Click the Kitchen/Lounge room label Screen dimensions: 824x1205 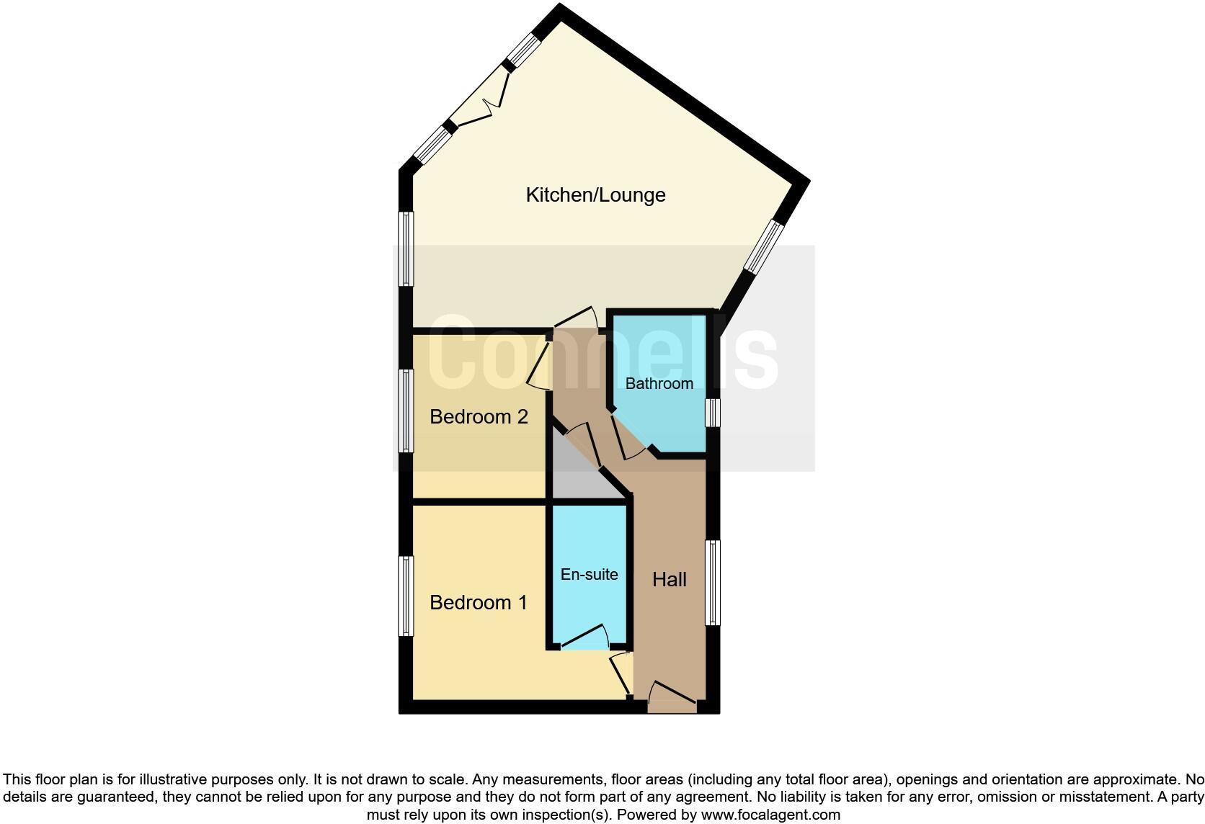pos(595,195)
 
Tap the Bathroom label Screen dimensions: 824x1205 pos(659,383)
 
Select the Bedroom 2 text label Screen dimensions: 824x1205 pos(479,417)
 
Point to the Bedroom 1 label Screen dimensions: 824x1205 pos(478,603)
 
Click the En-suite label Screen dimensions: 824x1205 pos(589,574)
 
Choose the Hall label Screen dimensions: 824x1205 pos(669,580)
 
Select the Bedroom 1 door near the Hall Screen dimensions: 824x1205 pos(619,673)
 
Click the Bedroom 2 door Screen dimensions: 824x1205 pos(539,364)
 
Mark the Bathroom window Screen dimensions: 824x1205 pos(712,413)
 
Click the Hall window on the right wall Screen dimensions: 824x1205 pos(712,583)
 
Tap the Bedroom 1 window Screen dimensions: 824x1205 pos(406,596)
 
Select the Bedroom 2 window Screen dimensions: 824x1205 pos(406,411)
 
